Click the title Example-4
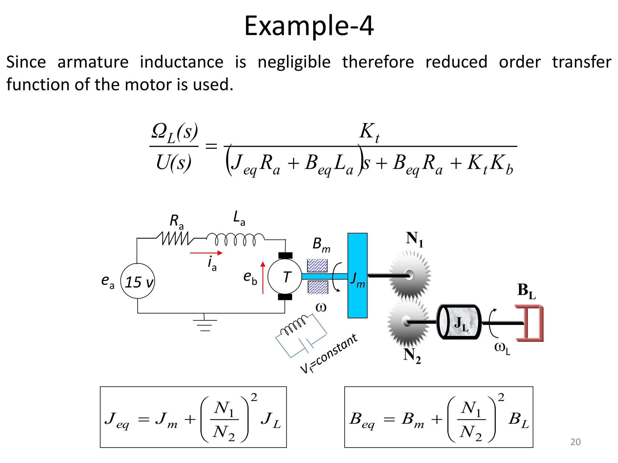pyautogui.click(x=309, y=26)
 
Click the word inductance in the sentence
pyautogui.click(x=181, y=62)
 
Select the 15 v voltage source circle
pyautogui.click(x=138, y=281)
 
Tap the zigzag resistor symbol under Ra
pyautogui.click(x=175, y=238)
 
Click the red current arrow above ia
pyautogui.click(x=206, y=253)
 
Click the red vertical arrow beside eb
pyautogui.click(x=263, y=277)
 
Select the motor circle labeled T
pyautogui.click(x=285, y=276)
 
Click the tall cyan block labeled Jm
pyautogui.click(x=357, y=276)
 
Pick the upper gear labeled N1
pyautogui.click(x=410, y=275)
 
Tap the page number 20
pyautogui.click(x=575, y=442)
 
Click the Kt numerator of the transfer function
pyautogui.click(x=369, y=132)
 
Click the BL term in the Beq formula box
pyautogui.click(x=518, y=420)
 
